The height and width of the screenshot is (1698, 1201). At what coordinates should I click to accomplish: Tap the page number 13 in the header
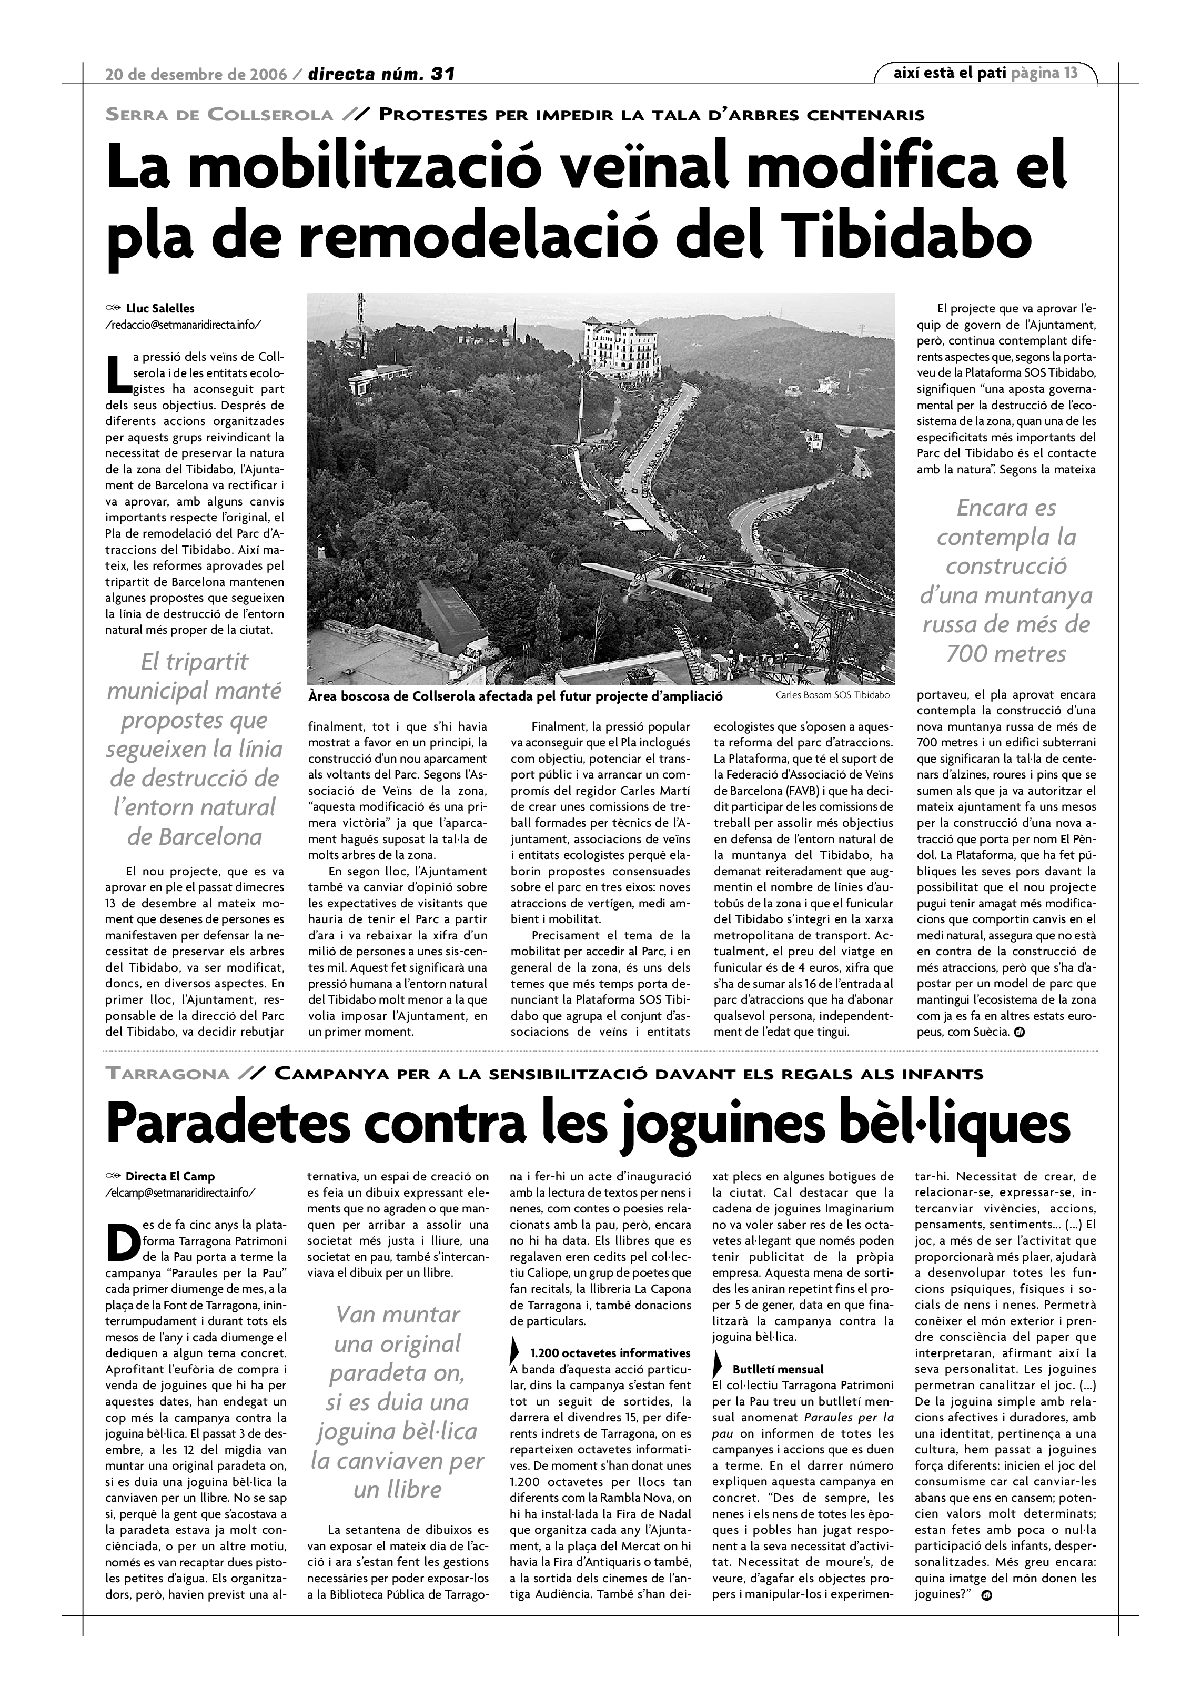click(1070, 73)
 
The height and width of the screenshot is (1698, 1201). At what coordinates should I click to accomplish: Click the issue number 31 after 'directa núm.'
click(442, 74)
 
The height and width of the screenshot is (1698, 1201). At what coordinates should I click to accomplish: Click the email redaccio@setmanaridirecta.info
click(184, 325)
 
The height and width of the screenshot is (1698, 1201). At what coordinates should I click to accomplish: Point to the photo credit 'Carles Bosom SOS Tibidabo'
click(833, 695)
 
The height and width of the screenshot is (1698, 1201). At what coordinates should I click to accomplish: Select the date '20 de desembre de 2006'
click(196, 74)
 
